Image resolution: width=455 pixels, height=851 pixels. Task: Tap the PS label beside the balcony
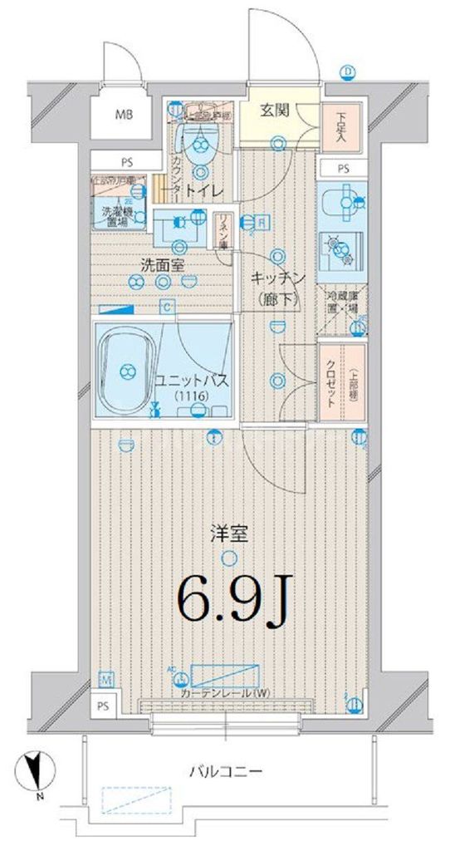pos(100,706)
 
